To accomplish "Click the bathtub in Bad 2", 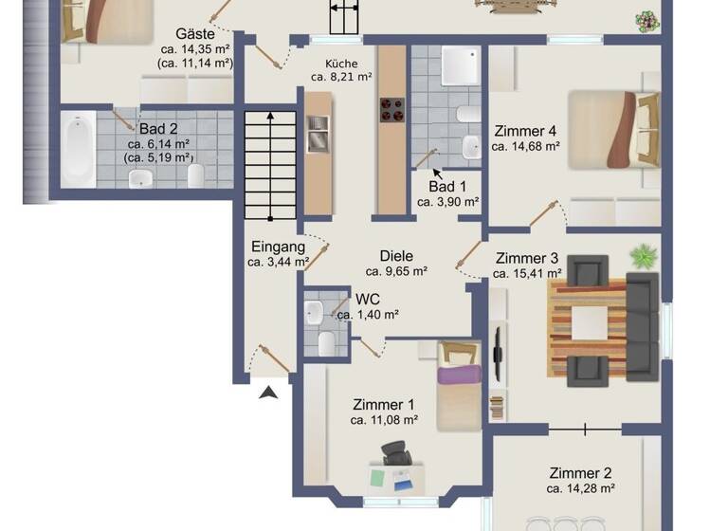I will (x=77, y=150).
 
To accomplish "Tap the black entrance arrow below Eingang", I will (x=269, y=391).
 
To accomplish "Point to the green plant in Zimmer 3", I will (x=644, y=255).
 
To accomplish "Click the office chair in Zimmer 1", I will (x=394, y=456).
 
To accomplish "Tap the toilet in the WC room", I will (x=325, y=340).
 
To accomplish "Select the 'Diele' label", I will (x=396, y=256).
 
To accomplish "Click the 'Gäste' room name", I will (x=195, y=33).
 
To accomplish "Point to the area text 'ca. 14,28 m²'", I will (x=580, y=489).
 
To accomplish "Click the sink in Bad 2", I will (x=140, y=178).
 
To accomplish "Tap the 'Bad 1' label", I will (x=447, y=186).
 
